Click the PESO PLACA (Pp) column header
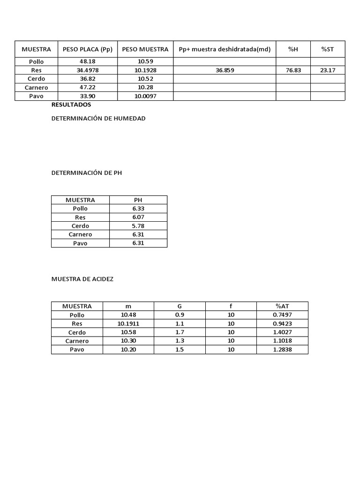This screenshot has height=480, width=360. coord(88,49)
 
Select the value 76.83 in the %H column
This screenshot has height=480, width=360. coord(293,70)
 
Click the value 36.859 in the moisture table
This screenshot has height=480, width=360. coord(225,70)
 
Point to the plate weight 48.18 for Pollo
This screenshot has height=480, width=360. coord(88,61)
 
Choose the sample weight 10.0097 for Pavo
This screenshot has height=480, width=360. coord(145,96)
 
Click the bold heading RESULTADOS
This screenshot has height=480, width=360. coord(71,105)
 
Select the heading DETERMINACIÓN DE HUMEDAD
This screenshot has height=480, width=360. coord(98,119)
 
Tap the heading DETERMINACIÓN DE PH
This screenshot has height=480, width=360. coord(87,173)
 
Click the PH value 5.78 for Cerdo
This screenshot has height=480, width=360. coord(138,226)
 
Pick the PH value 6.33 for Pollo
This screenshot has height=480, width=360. coord(138,209)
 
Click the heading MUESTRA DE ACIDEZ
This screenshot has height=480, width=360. coord(82,279)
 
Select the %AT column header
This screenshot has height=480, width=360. coord(282,306)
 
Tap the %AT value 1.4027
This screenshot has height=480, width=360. coord(282,332)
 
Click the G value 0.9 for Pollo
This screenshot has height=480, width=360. coord(180,315)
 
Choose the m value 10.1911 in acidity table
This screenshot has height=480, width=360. coord(128,323)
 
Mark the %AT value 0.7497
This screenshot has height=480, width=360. coord(282,315)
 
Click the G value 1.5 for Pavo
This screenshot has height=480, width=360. coord(180,350)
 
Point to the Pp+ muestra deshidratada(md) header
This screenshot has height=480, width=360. coord(225,49)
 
